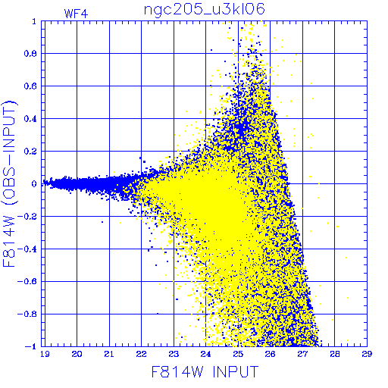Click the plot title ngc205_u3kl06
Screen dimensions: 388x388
(x=205, y=10)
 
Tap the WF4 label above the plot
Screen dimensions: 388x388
(x=76, y=14)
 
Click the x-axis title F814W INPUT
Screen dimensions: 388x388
(x=205, y=371)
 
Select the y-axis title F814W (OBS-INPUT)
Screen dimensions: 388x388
(x=9, y=183)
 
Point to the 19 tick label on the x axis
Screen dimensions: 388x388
(x=45, y=354)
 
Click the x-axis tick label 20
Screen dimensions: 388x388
(x=77, y=354)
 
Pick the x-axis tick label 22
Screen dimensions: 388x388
(x=141, y=354)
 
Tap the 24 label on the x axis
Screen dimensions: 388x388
(x=205, y=354)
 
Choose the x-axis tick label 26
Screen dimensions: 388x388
(x=270, y=354)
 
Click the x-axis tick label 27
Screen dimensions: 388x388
(x=302, y=354)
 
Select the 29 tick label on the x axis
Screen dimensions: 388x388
(x=367, y=354)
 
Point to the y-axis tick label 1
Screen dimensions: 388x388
(x=34, y=21)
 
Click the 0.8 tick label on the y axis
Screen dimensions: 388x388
(x=30, y=54)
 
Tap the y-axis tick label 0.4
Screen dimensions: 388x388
(x=30, y=119)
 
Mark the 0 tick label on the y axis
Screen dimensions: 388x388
(x=34, y=183)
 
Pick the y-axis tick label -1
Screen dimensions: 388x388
(x=31, y=346)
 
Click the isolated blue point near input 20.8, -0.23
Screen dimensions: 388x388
(x=102, y=222)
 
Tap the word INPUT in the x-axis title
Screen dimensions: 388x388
(x=236, y=371)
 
